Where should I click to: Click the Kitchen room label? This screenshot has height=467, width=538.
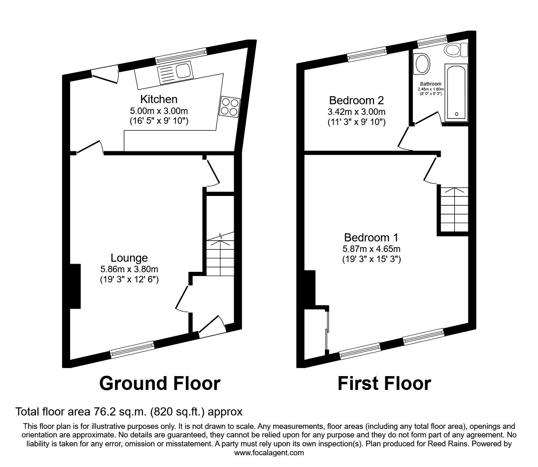[159, 99]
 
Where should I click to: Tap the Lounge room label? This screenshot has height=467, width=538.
[129, 258]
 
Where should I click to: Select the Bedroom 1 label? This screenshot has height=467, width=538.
[371, 237]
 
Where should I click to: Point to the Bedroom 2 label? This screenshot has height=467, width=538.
[356, 100]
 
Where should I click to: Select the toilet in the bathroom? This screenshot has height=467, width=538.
[456, 50]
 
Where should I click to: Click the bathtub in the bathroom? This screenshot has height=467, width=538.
[456, 93]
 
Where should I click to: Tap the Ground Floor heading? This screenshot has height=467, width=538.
[160, 383]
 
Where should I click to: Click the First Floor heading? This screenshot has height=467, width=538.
[384, 383]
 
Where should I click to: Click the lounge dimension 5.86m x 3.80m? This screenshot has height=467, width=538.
[129, 269]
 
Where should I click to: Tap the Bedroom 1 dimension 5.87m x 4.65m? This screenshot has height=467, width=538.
[371, 249]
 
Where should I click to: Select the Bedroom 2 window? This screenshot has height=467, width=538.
[367, 54]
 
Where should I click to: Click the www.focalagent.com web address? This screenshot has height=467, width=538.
[269, 453]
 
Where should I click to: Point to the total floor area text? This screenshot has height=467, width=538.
[129, 412]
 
